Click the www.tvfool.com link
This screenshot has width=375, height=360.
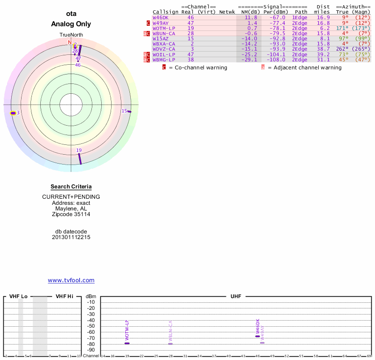71,280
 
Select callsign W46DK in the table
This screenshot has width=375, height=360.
160,17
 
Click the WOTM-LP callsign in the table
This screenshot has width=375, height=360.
164,28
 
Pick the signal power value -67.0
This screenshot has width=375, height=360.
277,17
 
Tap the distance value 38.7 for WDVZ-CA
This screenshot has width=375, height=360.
323,49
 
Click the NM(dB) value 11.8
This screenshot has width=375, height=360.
252,17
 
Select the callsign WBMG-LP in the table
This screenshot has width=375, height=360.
164,60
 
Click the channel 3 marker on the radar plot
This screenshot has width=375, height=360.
15,113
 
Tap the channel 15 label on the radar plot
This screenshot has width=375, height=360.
124,111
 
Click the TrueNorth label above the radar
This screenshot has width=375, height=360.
71,35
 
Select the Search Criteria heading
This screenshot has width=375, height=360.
71,187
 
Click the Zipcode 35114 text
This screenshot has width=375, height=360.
71,214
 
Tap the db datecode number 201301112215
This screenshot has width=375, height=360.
71,237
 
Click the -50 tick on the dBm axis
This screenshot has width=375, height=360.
91,326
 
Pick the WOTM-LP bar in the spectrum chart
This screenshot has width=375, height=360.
127,344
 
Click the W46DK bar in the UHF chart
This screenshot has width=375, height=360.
257,336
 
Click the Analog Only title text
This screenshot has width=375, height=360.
71,24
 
